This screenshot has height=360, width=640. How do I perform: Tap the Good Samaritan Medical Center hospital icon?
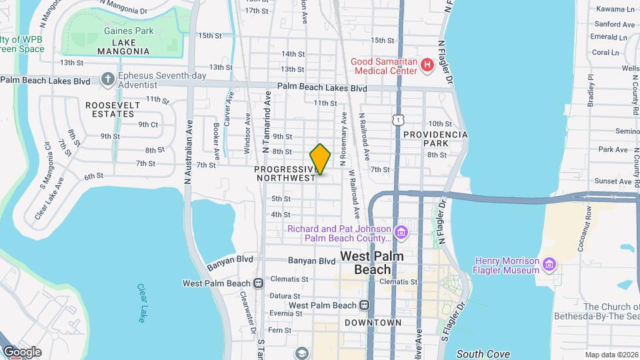(427, 66)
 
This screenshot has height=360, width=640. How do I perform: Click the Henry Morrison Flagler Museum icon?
(549, 265)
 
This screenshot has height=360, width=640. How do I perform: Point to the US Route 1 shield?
(397, 118)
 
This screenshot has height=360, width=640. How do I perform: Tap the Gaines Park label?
(129, 31)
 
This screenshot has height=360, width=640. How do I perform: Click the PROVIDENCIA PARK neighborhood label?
(435, 139)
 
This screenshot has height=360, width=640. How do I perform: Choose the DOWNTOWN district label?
(373, 323)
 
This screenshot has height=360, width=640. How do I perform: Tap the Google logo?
(21, 351)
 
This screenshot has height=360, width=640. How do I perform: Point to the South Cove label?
(483, 354)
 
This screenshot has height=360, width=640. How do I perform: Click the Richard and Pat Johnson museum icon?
(401, 233)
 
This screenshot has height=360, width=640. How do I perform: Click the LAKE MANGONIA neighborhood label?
(123, 51)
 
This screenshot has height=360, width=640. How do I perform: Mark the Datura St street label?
(289, 296)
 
